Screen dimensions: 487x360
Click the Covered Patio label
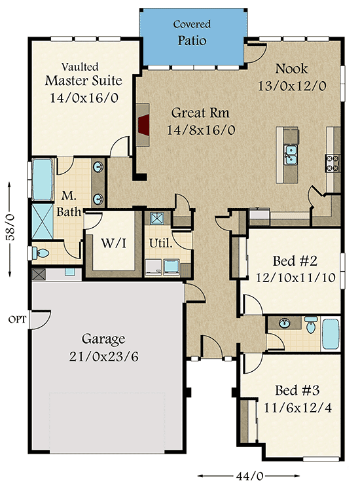[x=192, y=33]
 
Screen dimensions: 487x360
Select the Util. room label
[x=161, y=243]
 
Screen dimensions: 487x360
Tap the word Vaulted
[x=80, y=66]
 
